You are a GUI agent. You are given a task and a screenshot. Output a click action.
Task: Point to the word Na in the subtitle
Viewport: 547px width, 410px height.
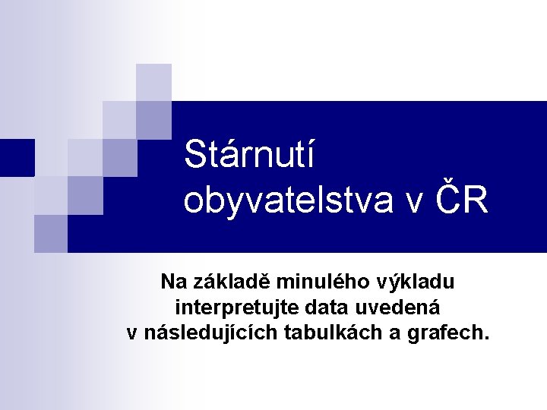[172, 282]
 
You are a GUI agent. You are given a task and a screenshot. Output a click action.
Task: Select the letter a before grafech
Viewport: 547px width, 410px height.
[402, 334]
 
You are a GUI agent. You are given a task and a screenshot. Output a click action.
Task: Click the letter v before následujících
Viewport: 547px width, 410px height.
[131, 334]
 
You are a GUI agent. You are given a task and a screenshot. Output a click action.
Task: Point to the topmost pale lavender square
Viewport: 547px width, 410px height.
[154, 82]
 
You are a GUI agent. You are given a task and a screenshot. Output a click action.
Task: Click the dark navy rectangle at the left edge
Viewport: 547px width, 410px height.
[17, 158]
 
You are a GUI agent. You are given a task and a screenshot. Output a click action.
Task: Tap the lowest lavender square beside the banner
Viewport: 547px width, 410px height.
[51, 233]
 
